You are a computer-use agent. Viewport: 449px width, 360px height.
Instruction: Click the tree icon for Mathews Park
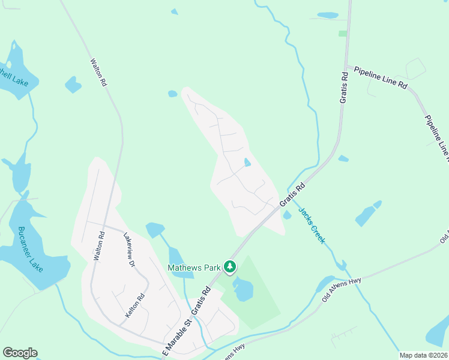point(229,266)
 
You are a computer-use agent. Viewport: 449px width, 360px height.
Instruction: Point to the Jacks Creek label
point(312,226)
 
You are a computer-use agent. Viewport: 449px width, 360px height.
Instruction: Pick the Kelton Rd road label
point(136,305)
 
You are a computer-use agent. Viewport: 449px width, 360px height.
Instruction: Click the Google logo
point(20,353)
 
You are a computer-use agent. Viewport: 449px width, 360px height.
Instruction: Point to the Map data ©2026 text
point(423,355)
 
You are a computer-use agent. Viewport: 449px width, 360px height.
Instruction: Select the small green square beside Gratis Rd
point(342,34)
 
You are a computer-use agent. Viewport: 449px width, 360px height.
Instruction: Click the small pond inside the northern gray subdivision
point(247,162)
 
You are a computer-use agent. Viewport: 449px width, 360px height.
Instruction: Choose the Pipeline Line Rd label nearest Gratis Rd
point(381,78)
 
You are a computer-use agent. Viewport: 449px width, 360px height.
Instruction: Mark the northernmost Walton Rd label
point(98,73)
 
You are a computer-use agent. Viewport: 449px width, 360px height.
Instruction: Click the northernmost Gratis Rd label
point(344,88)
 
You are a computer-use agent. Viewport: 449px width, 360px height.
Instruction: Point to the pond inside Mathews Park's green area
point(243,289)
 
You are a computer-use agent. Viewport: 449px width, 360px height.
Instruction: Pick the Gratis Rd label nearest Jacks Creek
point(292,196)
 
